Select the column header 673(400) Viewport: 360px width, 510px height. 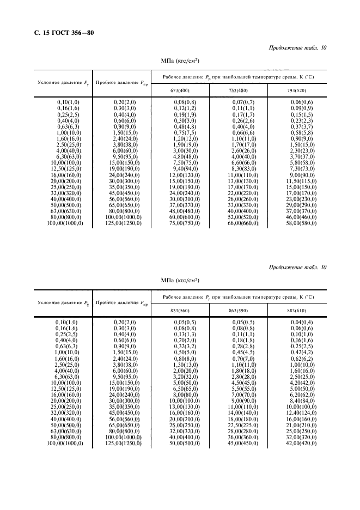pyautogui.click(x=179, y=90)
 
